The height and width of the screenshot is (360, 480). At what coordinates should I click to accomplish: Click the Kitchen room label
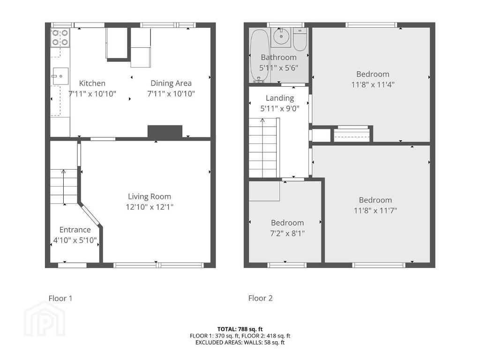(92, 83)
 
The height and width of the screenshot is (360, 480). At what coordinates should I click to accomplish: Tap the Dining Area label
(171, 83)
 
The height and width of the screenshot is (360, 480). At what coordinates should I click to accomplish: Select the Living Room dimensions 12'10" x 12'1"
(150, 207)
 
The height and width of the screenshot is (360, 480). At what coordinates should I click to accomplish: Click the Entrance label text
(75, 230)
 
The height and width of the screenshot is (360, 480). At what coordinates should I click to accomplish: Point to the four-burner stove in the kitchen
(60, 37)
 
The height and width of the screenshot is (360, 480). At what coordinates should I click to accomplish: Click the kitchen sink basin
(60, 76)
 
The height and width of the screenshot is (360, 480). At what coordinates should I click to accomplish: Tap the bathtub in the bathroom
(260, 56)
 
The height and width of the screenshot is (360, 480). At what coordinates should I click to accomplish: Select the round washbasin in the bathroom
(280, 37)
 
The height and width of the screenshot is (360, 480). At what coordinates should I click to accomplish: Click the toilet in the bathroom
(300, 39)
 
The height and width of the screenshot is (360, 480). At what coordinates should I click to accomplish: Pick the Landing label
(280, 98)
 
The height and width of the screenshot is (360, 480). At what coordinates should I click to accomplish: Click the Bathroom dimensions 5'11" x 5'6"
(279, 68)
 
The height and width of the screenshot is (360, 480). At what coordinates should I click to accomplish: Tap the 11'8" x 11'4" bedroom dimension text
(373, 84)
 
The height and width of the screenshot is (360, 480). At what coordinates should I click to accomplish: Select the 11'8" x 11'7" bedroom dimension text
(375, 210)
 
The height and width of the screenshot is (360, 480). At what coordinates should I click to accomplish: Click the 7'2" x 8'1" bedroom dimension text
(287, 233)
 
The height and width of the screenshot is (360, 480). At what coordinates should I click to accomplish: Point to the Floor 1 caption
(60, 298)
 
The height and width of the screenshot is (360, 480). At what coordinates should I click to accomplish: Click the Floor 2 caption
(261, 298)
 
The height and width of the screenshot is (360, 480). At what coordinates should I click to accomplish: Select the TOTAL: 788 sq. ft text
(240, 330)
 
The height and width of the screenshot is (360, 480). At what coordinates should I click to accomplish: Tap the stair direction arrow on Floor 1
(64, 187)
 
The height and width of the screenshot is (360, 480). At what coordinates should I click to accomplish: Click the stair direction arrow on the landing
(262, 148)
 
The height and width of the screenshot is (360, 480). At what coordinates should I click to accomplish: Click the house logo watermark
(45, 319)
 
